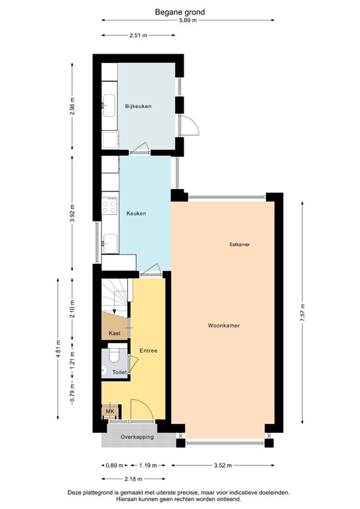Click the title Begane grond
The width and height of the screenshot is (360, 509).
click(180, 11)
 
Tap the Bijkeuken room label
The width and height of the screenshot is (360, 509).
click(138, 106)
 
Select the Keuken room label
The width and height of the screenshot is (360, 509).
click(136, 213)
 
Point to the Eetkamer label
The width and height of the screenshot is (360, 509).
click(239, 245)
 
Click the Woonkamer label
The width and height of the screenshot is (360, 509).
click(223, 326)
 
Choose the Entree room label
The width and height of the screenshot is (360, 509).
click(148, 350)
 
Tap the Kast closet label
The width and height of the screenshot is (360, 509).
click(114, 333)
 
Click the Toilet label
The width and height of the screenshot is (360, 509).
click(119, 373)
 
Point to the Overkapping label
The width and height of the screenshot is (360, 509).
click(137, 437)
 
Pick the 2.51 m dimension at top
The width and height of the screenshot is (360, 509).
click(139, 36)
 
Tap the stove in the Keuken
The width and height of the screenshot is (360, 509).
click(110, 205)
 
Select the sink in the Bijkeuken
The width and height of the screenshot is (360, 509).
click(109, 103)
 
